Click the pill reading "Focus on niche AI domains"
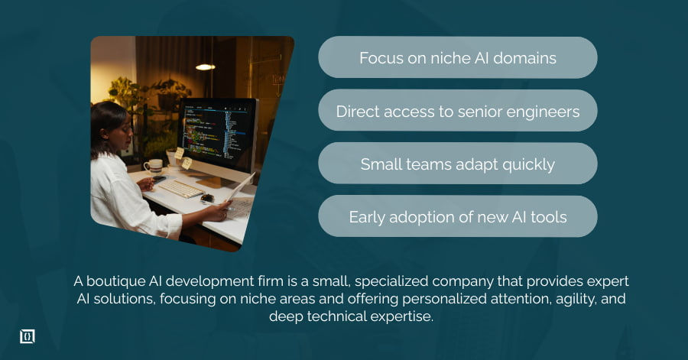click(x=457, y=57)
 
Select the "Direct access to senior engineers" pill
click(x=457, y=111)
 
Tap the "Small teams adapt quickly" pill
click(x=457, y=164)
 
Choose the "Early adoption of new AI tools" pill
click(x=457, y=216)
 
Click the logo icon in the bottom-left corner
click(x=28, y=336)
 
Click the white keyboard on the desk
click(x=180, y=188)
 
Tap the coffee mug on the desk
click(x=153, y=165)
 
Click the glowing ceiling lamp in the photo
click(x=205, y=67)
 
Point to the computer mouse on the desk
click(x=207, y=197)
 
